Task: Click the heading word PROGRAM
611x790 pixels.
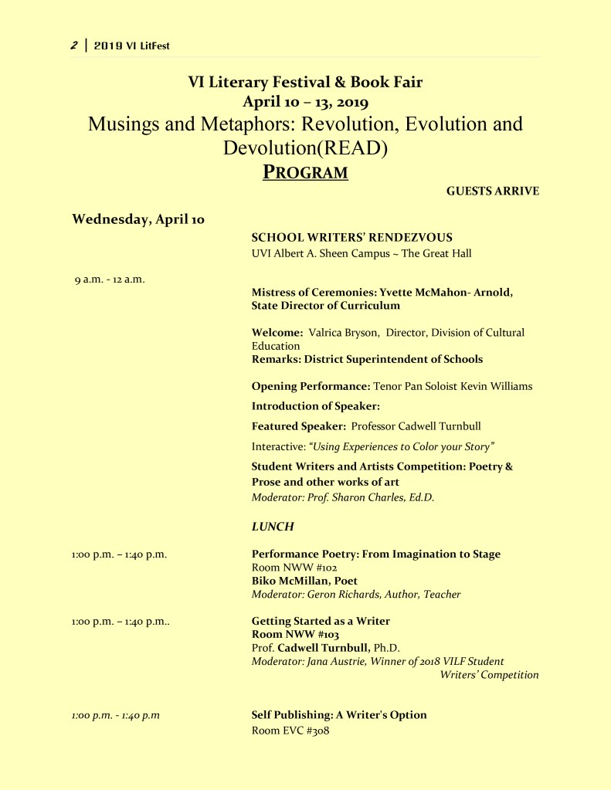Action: click(x=305, y=171)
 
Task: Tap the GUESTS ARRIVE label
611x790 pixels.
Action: click(x=492, y=192)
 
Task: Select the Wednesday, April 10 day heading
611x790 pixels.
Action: click(x=138, y=219)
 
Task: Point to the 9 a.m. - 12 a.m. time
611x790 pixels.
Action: click(x=110, y=279)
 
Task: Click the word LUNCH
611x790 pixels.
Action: click(x=273, y=526)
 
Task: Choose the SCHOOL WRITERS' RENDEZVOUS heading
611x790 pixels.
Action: click(x=351, y=237)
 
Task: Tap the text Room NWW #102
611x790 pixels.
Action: click(x=284, y=567)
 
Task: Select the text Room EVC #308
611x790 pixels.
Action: click(x=290, y=730)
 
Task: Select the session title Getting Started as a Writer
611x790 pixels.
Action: click(x=321, y=621)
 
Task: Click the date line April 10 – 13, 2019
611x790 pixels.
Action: click(x=305, y=101)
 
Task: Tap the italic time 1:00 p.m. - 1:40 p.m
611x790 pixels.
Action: click(x=116, y=715)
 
